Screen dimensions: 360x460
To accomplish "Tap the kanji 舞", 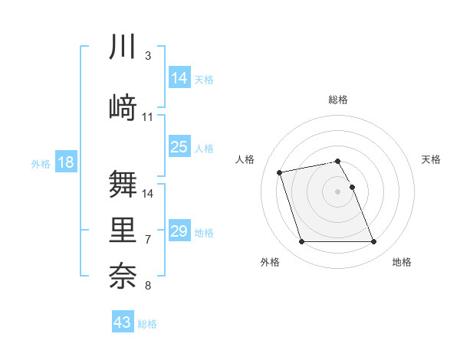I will (x=123, y=183).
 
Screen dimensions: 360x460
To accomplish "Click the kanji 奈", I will (x=123, y=276).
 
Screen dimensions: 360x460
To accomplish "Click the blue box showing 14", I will (x=179, y=78).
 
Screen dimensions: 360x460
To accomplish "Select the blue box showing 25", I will (x=179, y=148).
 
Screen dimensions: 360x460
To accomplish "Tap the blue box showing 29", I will (x=179, y=231).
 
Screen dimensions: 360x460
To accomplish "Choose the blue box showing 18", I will (x=66, y=162).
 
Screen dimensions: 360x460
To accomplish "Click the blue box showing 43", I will (x=123, y=322).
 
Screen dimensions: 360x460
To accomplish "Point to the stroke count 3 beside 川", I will (x=148, y=56).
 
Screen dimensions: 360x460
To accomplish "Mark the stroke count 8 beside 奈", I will (x=148, y=286).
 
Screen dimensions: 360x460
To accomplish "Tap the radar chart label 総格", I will (x=338, y=100).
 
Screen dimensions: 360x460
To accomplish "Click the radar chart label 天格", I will (x=431, y=159).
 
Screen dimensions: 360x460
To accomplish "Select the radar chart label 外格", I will (x=270, y=262).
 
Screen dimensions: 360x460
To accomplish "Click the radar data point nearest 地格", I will (x=373, y=242).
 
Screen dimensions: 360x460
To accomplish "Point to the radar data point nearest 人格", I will (x=280, y=172).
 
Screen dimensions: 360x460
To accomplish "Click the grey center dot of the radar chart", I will (x=338, y=191).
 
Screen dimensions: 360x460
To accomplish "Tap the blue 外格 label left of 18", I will (x=40, y=163).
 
